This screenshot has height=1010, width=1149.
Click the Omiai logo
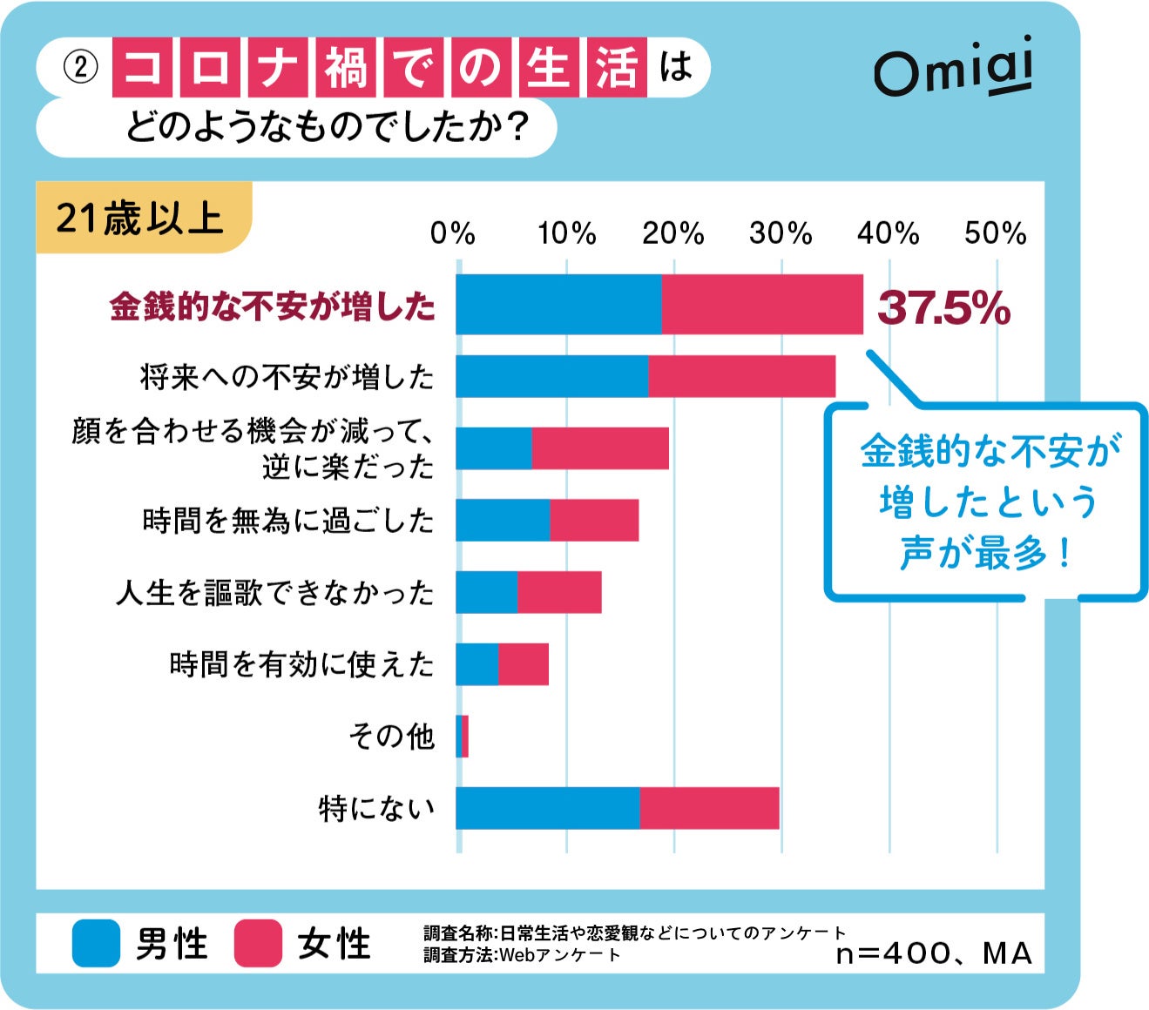(953, 68)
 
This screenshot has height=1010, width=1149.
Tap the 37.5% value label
(943, 307)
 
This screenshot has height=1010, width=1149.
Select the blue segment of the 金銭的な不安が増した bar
(558, 305)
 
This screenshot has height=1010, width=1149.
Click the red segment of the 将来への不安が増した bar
(741, 376)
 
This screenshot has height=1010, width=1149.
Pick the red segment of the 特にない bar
(709, 808)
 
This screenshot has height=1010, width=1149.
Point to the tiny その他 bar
(463, 736)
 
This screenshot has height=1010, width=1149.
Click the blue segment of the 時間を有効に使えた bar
(476, 664)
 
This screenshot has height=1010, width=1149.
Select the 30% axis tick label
(781, 233)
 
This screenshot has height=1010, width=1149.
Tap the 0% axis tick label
(453, 233)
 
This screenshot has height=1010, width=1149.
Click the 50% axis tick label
(995, 233)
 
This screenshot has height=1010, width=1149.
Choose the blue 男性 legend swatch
(96, 943)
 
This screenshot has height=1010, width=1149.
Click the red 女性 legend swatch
(258, 943)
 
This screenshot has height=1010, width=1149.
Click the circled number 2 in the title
(81, 68)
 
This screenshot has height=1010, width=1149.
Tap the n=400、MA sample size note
(933, 953)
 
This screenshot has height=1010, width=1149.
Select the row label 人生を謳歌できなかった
(275, 593)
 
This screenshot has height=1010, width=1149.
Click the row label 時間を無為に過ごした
(287, 521)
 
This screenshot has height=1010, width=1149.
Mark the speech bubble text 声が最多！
(985, 552)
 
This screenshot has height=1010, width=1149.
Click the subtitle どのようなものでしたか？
(328, 128)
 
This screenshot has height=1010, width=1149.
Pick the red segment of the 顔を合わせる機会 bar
(600, 448)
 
